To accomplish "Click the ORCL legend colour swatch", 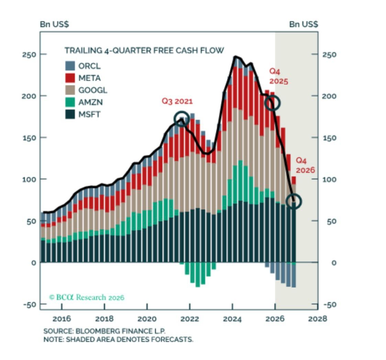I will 70,66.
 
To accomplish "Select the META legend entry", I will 89,78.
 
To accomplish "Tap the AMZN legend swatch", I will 70,103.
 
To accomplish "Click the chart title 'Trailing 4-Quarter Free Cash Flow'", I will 144,50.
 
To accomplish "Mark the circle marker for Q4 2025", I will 273,103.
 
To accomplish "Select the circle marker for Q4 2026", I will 294,201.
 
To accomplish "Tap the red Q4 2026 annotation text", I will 305,166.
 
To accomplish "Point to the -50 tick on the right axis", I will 331,304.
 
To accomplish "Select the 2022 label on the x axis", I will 189,319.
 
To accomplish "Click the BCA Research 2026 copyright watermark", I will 87,297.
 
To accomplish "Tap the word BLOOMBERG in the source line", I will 94,331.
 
